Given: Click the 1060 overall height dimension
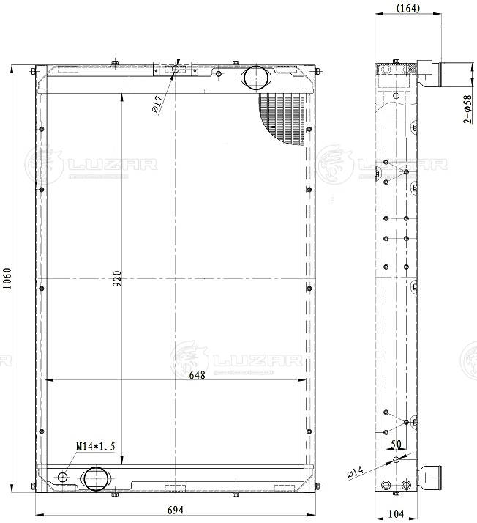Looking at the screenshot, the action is (x=7, y=279).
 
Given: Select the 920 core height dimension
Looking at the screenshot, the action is (x=117, y=279).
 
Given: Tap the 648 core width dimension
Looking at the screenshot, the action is (x=198, y=375).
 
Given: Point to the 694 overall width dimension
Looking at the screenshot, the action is (x=175, y=510).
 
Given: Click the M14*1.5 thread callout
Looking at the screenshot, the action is (x=96, y=446).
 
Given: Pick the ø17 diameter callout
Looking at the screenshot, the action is (x=157, y=105).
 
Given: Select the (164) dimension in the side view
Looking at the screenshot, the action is (x=408, y=8).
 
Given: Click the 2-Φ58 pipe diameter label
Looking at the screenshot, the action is (x=468, y=109).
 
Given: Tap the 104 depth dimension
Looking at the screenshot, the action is (x=396, y=513).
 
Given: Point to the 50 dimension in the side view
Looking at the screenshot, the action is (x=397, y=445).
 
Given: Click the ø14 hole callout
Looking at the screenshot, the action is (x=355, y=472).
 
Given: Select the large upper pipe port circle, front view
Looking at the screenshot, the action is (x=256, y=78).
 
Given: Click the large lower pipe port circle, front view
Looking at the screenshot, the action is (x=96, y=478).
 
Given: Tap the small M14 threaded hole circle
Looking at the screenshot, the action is (x=63, y=478).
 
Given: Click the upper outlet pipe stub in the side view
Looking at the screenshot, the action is (x=429, y=74).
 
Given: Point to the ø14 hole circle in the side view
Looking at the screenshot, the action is (x=396, y=460).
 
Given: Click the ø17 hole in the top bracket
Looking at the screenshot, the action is (x=175, y=69).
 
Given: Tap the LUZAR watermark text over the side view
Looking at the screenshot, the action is (x=402, y=164).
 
